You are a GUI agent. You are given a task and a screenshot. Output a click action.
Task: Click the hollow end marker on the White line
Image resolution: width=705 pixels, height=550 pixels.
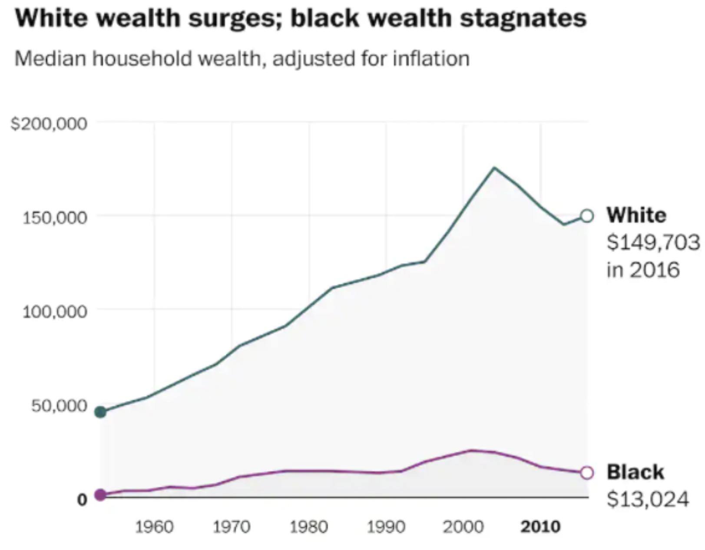(586, 216)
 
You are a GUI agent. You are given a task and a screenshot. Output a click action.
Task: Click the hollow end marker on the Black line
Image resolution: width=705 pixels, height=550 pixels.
(586, 473)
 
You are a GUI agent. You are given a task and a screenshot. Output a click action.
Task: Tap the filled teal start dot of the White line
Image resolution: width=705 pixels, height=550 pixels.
(100, 412)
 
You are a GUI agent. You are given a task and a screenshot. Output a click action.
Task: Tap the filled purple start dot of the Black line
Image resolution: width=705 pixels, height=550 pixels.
(100, 494)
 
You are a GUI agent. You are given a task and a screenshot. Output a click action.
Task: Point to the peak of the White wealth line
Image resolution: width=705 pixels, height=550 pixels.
(494, 168)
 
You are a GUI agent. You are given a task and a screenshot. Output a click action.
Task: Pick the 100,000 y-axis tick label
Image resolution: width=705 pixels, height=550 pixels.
(55, 312)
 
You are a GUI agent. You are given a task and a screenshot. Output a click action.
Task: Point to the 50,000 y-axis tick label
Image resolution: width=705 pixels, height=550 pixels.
(59, 406)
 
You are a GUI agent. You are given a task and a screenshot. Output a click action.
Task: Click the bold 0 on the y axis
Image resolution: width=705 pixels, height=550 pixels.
(82, 500)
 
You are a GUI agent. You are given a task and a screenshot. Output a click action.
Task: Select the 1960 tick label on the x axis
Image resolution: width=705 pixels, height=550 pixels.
(154, 527)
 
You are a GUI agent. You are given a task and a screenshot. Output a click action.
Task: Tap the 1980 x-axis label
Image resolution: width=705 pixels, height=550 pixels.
(309, 527)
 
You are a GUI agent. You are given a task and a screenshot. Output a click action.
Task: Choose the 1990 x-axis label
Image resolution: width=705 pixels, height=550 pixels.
(386, 527)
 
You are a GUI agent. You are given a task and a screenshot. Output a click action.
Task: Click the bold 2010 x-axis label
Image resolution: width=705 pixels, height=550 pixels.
(541, 527)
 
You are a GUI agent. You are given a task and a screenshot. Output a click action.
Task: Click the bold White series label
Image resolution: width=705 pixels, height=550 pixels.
(636, 215)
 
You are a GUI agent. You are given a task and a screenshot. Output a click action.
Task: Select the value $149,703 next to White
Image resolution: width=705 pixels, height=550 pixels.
(653, 242)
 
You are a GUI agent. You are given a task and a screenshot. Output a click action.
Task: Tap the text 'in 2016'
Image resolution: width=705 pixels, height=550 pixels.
(643, 270)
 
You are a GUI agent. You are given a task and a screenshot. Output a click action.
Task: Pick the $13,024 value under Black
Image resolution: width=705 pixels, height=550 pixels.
(648, 499)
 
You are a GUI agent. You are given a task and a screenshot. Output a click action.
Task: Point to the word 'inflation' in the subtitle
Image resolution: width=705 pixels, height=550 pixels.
(431, 59)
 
